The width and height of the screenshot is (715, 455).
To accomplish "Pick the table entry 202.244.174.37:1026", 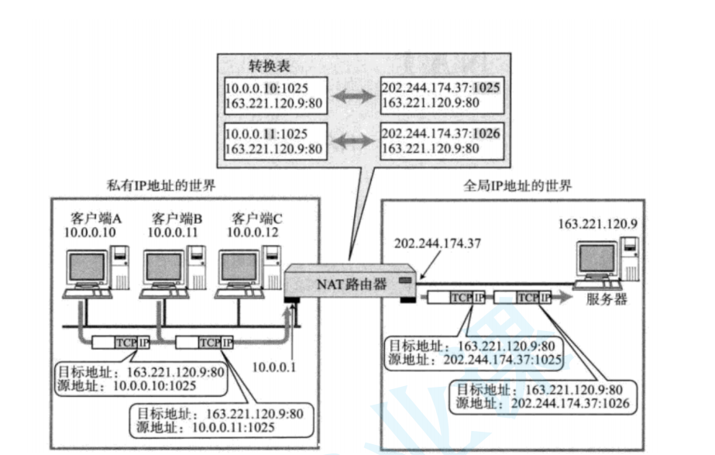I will (439, 134).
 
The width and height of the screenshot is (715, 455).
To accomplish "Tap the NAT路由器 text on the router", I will (351, 283).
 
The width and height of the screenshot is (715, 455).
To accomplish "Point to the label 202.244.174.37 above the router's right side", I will (437, 243).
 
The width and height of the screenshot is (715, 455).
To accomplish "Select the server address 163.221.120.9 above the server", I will (597, 225).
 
